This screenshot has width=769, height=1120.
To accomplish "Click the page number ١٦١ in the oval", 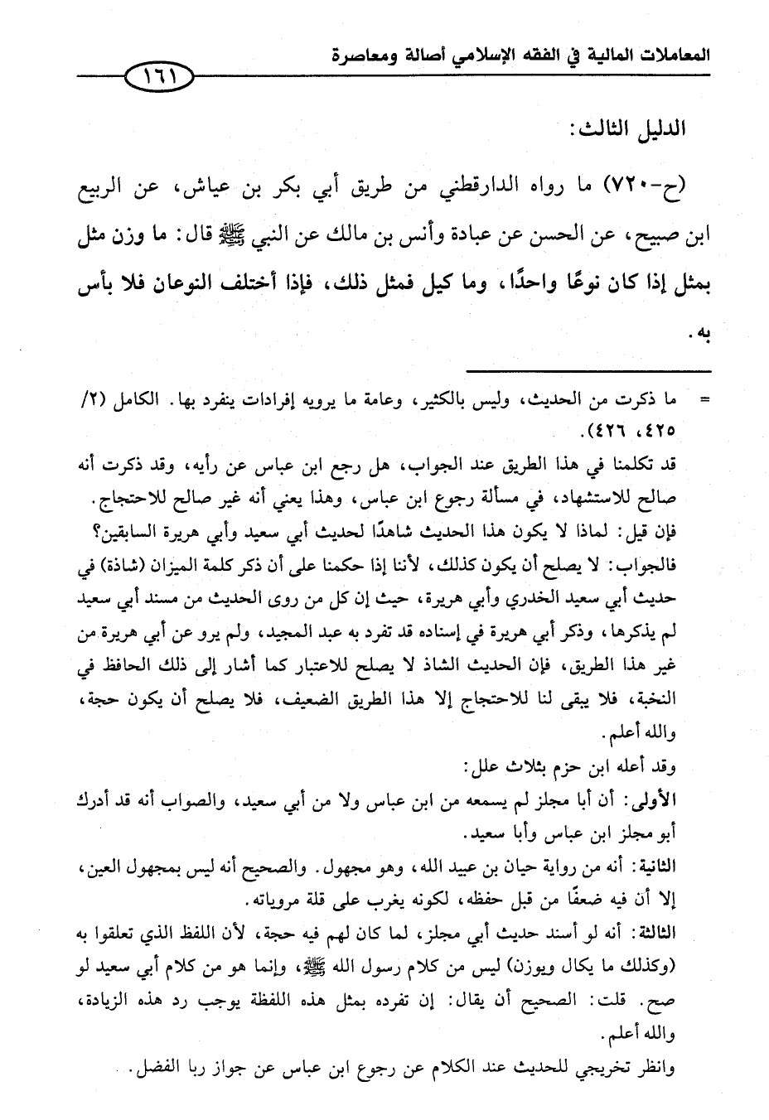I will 156,80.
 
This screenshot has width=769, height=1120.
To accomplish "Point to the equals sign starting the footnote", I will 705,401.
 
